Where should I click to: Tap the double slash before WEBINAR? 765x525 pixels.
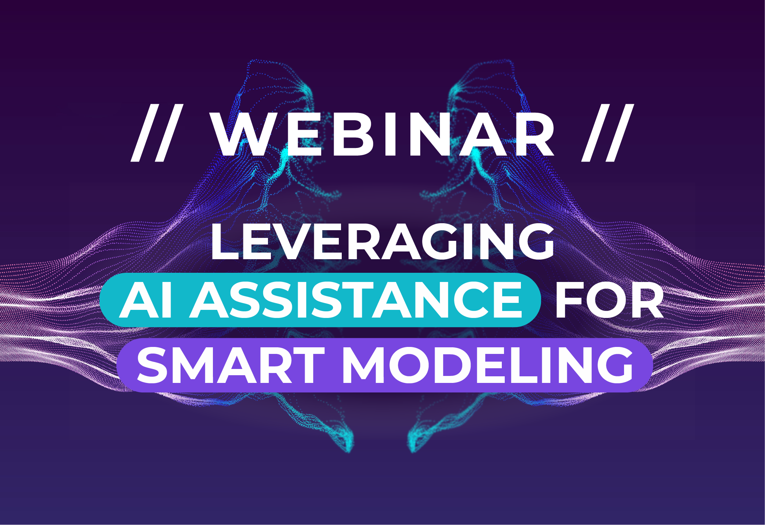[x=157, y=133]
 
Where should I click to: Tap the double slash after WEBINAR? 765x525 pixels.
[x=608, y=133]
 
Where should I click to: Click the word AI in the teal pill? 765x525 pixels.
[x=146, y=300]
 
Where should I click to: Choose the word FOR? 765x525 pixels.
[x=609, y=300]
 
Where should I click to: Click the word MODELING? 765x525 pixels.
[x=488, y=366]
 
